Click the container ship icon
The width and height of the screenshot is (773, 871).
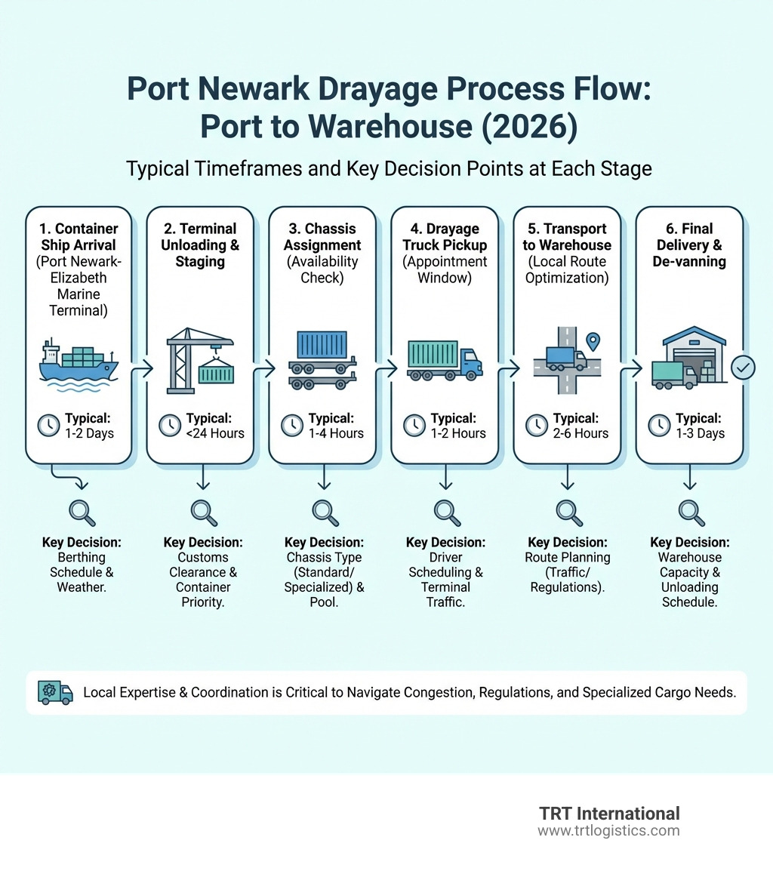79,363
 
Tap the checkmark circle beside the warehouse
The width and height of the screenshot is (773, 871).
744,368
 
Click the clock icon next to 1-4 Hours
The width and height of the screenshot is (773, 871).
292,426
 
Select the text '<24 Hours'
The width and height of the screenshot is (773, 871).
215,433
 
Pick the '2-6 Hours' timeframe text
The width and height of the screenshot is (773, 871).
581,433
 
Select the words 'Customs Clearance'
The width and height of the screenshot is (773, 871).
202,565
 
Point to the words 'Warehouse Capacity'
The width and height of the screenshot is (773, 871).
689,565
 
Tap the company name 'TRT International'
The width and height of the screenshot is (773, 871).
609,814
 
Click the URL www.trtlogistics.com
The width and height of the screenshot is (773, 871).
608,830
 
